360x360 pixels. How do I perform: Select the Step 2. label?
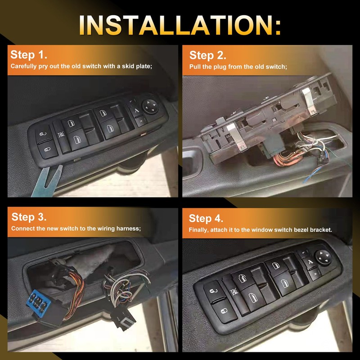click(x=207, y=55)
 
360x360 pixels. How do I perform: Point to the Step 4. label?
click(x=206, y=218)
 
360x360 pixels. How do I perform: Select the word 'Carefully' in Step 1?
click(x=25, y=67)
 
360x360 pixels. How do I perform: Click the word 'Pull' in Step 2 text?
click(x=195, y=67)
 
